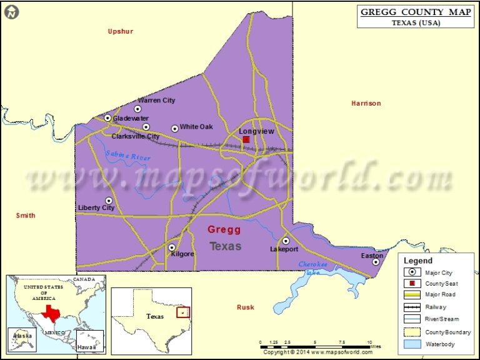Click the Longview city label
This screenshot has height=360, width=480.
coord(256,131)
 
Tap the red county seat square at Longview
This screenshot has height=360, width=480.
coord(246,140)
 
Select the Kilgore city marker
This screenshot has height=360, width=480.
coord(172,247)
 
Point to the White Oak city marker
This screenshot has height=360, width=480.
coord(175,128)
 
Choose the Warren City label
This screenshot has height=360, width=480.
coord(156,100)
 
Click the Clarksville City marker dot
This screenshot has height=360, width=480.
coord(146,127)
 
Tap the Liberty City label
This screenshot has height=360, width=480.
coord(96,207)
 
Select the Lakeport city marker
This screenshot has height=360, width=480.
coord(286,241)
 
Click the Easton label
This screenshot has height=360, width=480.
coord(372,256)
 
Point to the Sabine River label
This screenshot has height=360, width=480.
coord(128,156)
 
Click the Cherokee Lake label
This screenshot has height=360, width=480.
coord(313,268)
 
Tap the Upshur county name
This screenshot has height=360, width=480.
coord(121,31)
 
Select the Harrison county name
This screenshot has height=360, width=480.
coord(366,103)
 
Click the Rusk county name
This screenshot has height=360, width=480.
coord(246,307)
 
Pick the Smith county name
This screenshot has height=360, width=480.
coord(26,216)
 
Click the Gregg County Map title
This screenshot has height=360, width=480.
coord(416,12)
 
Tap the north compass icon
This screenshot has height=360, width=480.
coord(12,12)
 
